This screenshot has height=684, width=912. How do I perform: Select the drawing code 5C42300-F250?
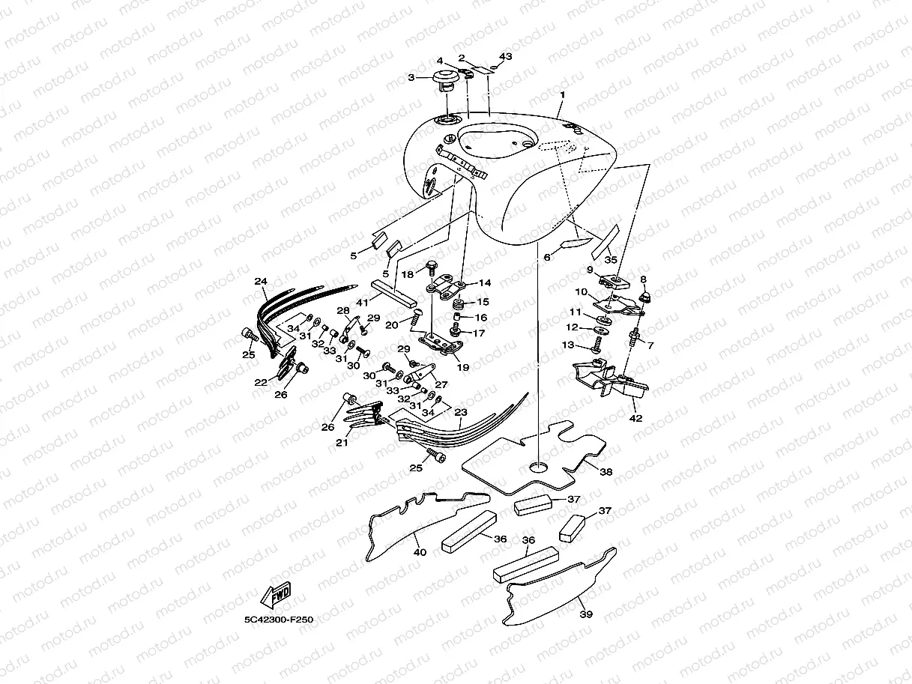pyautogui.click(x=279, y=620)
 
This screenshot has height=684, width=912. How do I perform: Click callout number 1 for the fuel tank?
pyautogui.click(x=563, y=95)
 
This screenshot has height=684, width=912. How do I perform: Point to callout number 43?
pyautogui.click(x=506, y=56)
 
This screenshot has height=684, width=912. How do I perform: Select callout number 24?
pyautogui.click(x=261, y=281)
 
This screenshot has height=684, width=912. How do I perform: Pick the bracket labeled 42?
pyautogui.click(x=610, y=378)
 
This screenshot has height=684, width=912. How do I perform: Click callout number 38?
pyautogui.click(x=606, y=472)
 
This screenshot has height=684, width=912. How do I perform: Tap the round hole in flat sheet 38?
pyautogui.click(x=539, y=467)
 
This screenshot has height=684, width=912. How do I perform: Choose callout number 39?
pyautogui.click(x=586, y=614)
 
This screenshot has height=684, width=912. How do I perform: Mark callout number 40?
pyautogui.click(x=420, y=552)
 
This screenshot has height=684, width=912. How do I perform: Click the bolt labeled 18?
pyautogui.click(x=430, y=267)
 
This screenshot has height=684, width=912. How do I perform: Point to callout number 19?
pyautogui.click(x=463, y=367)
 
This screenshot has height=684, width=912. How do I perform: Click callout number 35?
pyautogui.click(x=611, y=260)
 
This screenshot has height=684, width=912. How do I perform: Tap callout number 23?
pyautogui.click(x=461, y=412)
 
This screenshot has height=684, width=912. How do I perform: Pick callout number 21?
pyautogui.click(x=342, y=443)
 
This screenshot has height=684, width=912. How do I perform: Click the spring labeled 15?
pyautogui.click(x=457, y=304)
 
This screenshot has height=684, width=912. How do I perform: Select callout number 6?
pyautogui.click(x=547, y=258)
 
